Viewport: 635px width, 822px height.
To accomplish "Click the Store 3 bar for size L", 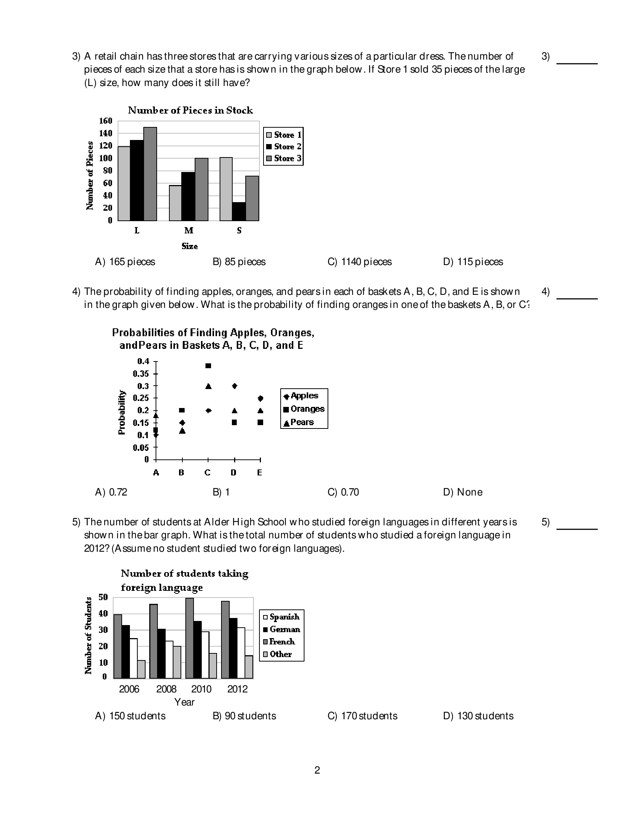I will [x=150, y=174].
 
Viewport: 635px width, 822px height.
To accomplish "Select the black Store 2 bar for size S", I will [x=239, y=211].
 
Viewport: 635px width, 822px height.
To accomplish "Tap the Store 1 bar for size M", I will [x=175, y=203].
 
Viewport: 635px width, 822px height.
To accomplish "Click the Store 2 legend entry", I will [x=284, y=146].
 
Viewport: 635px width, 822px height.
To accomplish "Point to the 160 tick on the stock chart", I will [x=106, y=121].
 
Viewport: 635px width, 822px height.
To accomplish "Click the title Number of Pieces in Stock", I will [x=190, y=110].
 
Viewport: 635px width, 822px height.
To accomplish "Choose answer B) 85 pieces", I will [x=239, y=262].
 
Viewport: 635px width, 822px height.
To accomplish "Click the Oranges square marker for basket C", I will [x=208, y=366].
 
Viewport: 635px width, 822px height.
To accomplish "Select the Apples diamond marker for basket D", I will [x=234, y=386].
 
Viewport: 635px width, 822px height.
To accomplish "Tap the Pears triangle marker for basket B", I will [x=182, y=431].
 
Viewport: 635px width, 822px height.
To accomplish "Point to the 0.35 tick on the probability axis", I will [x=141, y=374].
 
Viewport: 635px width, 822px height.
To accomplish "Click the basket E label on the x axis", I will [x=260, y=473].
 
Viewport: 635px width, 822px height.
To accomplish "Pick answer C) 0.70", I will [x=343, y=492].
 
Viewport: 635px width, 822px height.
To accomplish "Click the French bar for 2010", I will [x=190, y=638].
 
